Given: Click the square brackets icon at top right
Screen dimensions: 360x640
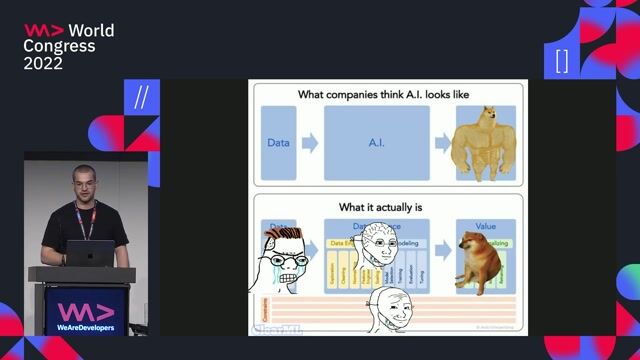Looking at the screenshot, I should (561, 60).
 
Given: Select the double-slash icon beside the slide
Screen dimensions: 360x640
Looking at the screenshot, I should (141, 97).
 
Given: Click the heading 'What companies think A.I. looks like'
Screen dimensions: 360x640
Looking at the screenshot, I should (383, 95).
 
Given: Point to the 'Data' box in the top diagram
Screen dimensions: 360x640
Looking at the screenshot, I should (278, 143).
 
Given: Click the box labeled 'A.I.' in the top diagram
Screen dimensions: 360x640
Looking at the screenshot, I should (376, 143).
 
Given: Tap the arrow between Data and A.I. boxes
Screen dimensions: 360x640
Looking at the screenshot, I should (310, 143).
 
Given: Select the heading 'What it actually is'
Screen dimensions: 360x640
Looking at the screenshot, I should (382, 207).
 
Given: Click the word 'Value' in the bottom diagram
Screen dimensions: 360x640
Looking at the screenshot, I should (485, 227).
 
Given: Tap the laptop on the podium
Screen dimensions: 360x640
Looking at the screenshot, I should (91, 254).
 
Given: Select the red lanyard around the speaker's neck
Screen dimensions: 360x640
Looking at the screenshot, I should (87, 222).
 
